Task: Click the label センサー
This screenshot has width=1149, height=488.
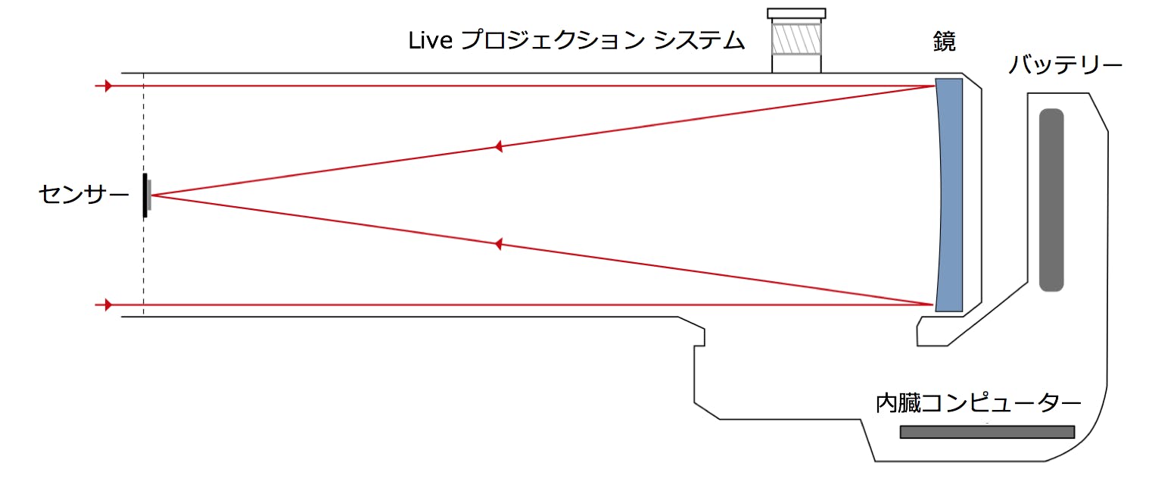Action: (x=83, y=196)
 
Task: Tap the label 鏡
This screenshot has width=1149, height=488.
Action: (x=945, y=42)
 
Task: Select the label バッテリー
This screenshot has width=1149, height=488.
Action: (x=1065, y=66)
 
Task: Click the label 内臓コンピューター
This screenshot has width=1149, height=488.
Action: (x=978, y=403)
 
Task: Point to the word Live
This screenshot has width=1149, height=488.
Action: (x=431, y=41)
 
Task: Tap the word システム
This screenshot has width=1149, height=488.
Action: (x=699, y=41)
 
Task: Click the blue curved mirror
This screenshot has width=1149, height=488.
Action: (x=950, y=196)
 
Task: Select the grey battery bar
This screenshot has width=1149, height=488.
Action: (x=1051, y=200)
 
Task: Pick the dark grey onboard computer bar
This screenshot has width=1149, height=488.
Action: (x=988, y=432)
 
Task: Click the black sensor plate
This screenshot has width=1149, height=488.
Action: (x=145, y=196)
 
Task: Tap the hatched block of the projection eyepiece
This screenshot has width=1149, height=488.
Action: (x=796, y=39)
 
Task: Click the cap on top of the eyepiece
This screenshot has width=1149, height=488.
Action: (x=796, y=14)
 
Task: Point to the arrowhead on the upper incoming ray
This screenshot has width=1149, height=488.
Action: (x=108, y=86)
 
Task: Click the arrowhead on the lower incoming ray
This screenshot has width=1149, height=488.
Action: (x=108, y=305)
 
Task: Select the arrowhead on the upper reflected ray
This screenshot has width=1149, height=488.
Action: (x=498, y=146)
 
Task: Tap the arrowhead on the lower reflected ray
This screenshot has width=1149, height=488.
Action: (x=498, y=244)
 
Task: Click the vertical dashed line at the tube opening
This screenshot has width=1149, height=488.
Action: (x=144, y=194)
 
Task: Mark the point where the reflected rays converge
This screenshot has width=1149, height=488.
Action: (x=152, y=196)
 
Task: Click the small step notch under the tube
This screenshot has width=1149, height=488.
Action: (x=699, y=337)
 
